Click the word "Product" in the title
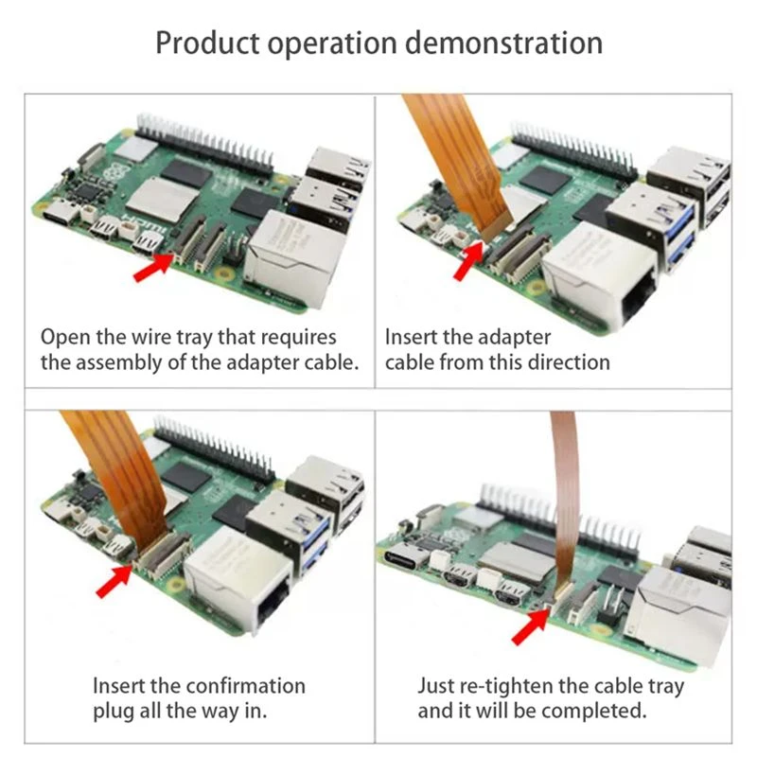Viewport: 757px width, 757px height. click(x=207, y=44)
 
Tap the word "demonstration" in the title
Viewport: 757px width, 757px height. click(x=503, y=43)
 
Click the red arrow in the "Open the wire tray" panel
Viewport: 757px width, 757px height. click(x=153, y=267)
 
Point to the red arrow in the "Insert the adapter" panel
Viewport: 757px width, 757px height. click(x=468, y=260)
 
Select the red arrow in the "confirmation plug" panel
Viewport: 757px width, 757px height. click(x=114, y=581)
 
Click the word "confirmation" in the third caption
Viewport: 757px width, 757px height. click(x=245, y=686)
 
